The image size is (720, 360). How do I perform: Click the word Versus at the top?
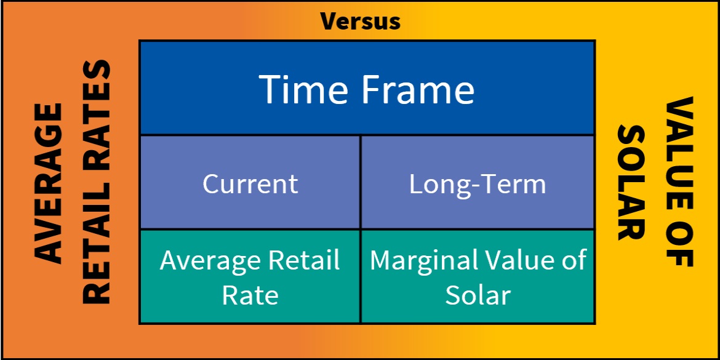[361, 21]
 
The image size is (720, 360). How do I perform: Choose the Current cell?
[250, 183]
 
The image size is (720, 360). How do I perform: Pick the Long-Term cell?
[478, 183]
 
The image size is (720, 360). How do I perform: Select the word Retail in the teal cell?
[304, 260]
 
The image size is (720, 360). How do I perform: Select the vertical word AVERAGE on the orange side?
[48, 183]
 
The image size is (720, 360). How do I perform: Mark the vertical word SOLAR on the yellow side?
[631, 182]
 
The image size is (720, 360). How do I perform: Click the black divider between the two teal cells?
[361, 276]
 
